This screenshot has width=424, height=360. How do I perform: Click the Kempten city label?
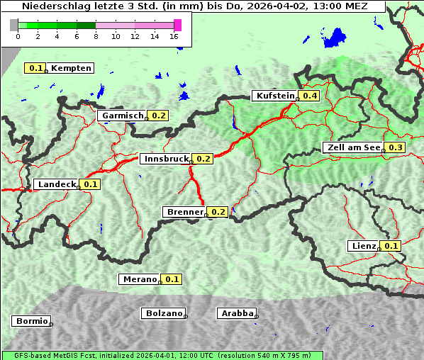tap(71, 68)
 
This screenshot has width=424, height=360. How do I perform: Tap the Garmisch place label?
tap(123, 116)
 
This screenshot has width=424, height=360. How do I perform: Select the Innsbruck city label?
tap(166, 159)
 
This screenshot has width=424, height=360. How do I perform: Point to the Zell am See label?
tap(352, 147)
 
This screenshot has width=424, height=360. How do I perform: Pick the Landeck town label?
tap(57, 184)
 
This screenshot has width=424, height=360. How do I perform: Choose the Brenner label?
tap(184, 212)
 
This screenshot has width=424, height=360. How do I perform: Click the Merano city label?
tap(139, 279)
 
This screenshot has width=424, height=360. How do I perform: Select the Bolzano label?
tap(164, 313)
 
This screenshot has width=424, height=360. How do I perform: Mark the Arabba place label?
tap(237, 313)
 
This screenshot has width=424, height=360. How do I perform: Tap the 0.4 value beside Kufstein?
tap(309, 96)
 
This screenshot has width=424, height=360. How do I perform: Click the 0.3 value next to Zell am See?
tap(396, 147)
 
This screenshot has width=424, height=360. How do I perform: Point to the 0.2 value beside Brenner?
tap(218, 212)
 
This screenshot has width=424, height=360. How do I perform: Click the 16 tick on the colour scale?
tap(174, 36)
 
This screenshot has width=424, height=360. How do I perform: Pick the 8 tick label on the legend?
tap(96, 36)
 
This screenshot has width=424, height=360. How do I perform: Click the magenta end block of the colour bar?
tap(177, 25)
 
